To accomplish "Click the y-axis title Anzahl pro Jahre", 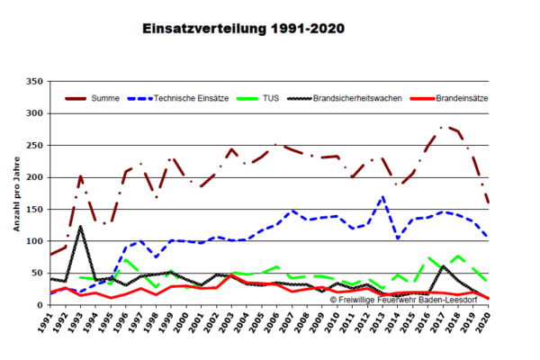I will point(16,193).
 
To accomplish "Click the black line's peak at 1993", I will point(80,226).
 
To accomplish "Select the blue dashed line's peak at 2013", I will point(382,196).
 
